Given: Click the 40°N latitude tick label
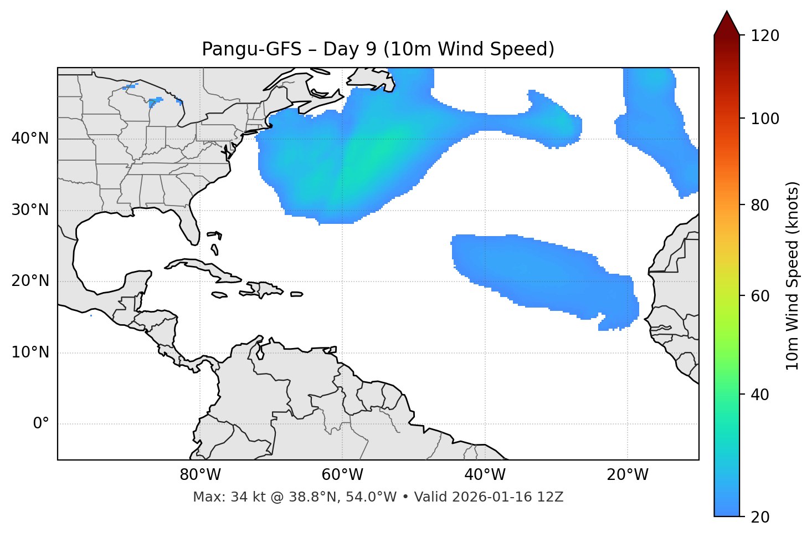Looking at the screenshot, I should (30, 139).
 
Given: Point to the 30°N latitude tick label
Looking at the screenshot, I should (30, 210).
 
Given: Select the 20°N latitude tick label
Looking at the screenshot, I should (30, 281).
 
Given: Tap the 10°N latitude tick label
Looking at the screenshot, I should (30, 352).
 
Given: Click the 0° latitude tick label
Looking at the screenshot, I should (41, 423).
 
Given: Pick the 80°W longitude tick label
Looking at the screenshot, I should (200, 475).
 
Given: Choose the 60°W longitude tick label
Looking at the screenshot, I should (342, 475).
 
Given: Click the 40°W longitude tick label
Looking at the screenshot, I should (485, 475).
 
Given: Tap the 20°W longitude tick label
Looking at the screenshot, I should (628, 475).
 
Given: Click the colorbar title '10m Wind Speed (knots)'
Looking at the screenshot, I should (793, 275).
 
